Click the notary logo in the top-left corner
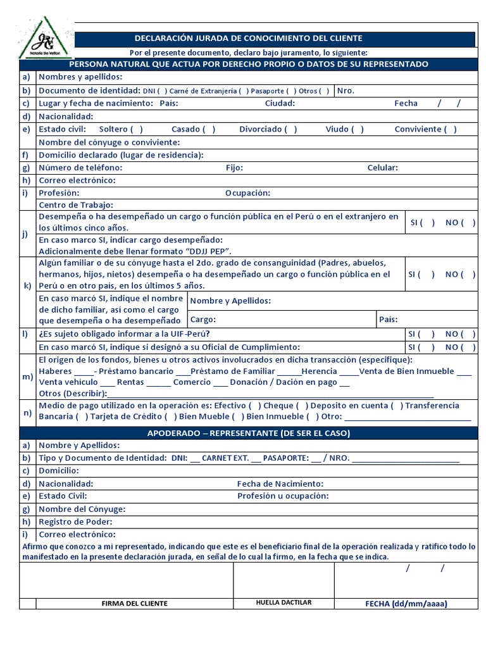pos(44,39)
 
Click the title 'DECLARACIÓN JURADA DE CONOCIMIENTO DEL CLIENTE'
pos(249,39)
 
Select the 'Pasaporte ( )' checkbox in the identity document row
pos(278,91)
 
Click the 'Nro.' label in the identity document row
pos(346,90)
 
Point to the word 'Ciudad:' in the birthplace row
pos(280,103)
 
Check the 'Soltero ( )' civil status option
pos(121,129)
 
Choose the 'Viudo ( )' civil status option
pos(344,129)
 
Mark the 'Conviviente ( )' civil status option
pos(425,129)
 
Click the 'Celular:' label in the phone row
pos(383,168)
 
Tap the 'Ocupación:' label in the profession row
pos(247,193)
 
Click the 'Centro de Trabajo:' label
pos(76,205)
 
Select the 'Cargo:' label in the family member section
pos(203,320)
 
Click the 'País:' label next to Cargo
pos(389,320)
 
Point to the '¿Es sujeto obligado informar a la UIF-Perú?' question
pos(125,333)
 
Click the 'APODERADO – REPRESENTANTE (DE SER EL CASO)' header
pos(249,433)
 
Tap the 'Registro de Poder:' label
pos(75,521)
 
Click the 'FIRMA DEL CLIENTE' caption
pos(134,603)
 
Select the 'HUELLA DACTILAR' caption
pos(283,602)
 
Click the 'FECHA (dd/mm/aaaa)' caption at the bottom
pos(406,603)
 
